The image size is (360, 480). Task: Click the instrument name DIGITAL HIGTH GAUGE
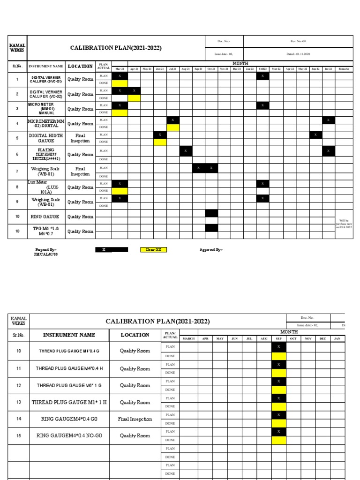click(46, 138)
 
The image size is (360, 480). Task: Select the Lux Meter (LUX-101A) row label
click(46, 187)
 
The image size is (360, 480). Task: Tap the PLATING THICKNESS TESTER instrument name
click(46, 154)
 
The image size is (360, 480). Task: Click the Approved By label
click(211, 250)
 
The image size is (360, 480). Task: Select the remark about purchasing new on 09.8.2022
click(342, 224)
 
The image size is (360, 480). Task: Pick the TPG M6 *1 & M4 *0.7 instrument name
click(46, 231)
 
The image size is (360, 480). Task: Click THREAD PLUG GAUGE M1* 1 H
click(69, 402)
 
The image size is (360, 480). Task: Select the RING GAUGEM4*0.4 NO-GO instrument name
click(69, 436)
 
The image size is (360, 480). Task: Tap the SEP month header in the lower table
click(278, 338)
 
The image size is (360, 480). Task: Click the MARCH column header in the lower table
click(188, 338)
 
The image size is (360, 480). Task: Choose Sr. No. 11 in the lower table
click(19, 368)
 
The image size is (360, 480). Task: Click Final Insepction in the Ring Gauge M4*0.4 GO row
click(135, 419)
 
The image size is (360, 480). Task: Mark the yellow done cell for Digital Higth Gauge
click(160, 142)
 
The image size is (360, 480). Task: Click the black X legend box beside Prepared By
click(111, 250)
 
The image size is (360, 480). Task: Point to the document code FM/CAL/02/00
click(45, 255)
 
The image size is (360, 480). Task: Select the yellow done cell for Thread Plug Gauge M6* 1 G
click(278, 390)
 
